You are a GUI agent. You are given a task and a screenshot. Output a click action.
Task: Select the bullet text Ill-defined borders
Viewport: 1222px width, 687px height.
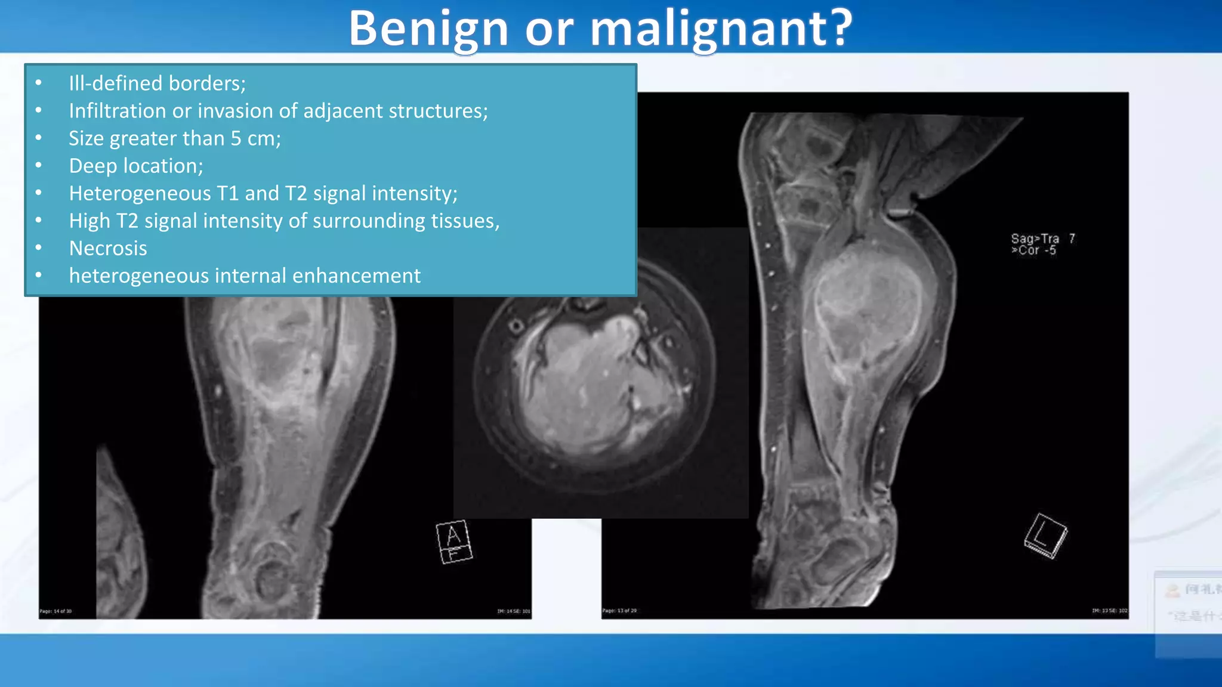tap(156, 83)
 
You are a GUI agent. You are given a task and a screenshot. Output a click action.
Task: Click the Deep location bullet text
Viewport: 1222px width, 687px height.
tap(136, 166)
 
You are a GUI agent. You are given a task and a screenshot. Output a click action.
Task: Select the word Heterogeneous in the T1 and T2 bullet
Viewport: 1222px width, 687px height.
tap(140, 193)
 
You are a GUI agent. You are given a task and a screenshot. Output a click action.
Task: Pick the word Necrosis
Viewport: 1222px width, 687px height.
tap(108, 248)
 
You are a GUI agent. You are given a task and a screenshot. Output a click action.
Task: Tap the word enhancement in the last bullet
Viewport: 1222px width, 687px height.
tap(356, 276)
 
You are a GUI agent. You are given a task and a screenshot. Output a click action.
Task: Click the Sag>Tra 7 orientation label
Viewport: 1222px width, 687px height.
tap(1042, 239)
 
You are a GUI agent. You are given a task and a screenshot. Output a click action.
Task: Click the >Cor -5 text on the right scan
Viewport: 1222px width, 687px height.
tap(1033, 250)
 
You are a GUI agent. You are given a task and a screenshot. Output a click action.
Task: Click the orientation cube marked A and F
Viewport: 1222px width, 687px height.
tap(453, 542)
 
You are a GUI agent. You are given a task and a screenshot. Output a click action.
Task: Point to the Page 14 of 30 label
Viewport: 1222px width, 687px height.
tap(55, 611)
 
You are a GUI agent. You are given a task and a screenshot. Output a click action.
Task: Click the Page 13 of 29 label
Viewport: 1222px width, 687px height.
tap(619, 611)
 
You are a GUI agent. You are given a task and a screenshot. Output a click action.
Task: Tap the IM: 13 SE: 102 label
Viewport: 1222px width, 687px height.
tap(1109, 611)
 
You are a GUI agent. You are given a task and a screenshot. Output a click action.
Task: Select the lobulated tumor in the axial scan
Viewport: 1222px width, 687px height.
tap(597, 382)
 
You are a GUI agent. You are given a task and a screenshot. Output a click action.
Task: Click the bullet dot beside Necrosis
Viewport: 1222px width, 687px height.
tap(39, 247)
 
